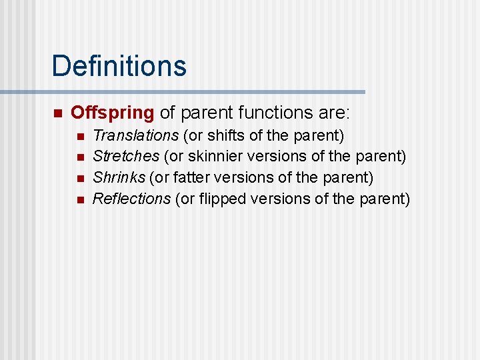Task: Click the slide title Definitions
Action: (119, 66)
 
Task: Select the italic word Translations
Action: (135, 136)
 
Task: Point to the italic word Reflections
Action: (132, 199)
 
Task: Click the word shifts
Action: (222, 136)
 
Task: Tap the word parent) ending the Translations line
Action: (319, 136)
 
